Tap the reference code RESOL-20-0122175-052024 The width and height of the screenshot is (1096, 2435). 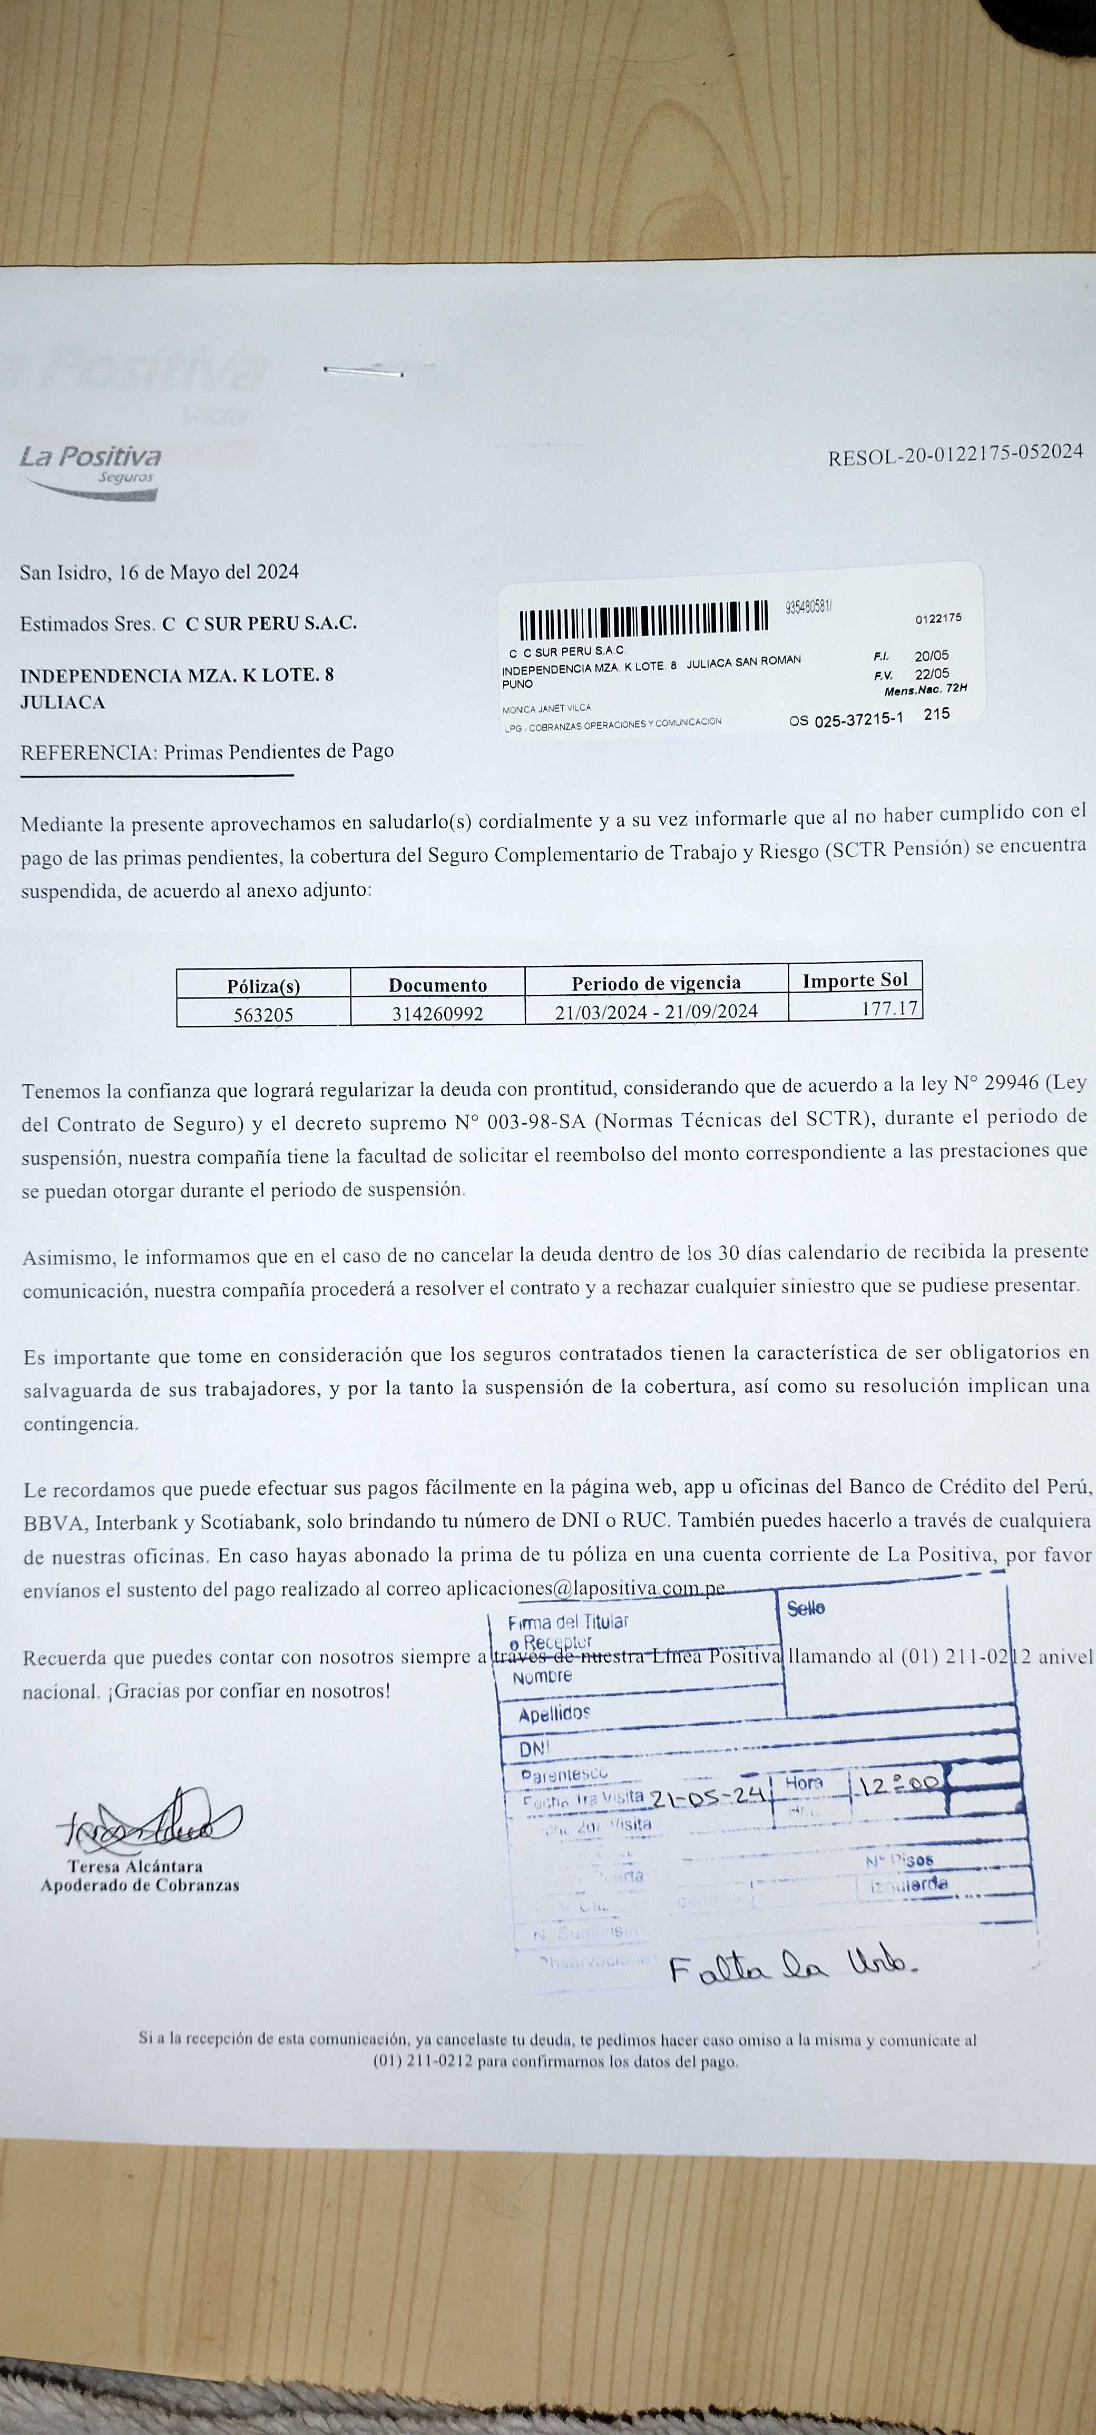click(x=955, y=454)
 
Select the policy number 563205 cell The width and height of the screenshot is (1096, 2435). click(x=264, y=1014)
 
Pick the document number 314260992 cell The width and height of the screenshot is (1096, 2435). click(x=438, y=1013)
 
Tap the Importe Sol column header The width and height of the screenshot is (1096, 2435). click(x=855, y=980)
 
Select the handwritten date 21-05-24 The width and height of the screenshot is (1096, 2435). click(x=707, y=1797)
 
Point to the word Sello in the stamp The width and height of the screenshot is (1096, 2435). click(x=806, y=1608)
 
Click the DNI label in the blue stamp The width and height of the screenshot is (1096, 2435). click(x=534, y=1750)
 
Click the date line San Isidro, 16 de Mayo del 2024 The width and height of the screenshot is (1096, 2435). click(x=160, y=572)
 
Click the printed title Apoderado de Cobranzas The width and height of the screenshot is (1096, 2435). click(x=140, y=1885)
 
